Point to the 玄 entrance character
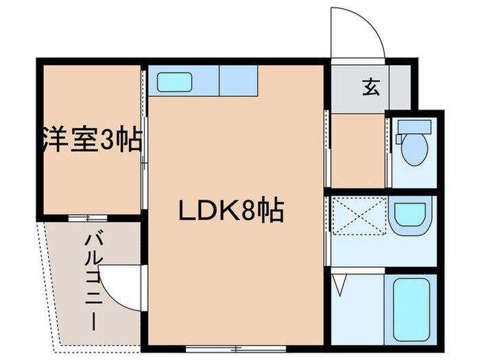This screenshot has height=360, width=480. click(370, 87)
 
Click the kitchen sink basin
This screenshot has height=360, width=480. click(174, 82)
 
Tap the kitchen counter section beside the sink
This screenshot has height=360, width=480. click(238, 82)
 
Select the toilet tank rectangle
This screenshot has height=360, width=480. click(418, 127)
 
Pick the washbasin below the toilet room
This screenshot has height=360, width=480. click(410, 215)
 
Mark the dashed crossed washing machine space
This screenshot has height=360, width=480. click(357, 215)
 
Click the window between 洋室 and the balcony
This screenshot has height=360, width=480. click(87, 218)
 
